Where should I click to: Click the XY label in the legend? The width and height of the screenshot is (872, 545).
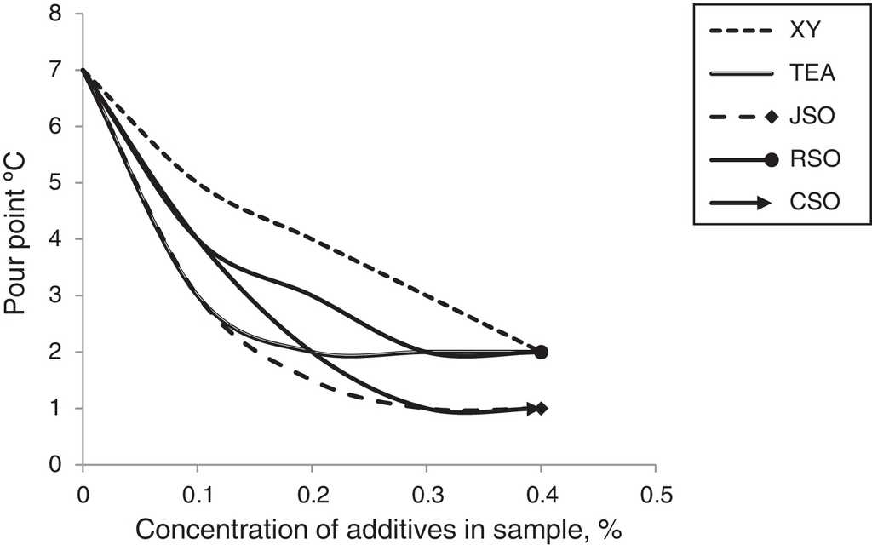[x=819, y=32]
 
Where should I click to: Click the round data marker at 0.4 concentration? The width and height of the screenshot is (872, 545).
[x=542, y=352]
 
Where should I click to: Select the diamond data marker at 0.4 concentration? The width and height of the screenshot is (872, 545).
[x=542, y=408]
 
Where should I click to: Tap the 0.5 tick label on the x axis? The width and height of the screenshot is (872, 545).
[x=655, y=493]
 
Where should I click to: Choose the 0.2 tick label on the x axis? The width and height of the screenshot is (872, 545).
[x=312, y=493]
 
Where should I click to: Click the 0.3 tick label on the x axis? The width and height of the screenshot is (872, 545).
[x=426, y=493]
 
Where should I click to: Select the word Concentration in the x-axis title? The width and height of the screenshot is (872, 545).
[x=198, y=530]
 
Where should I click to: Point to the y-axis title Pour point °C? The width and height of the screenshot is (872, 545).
[x=19, y=241]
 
